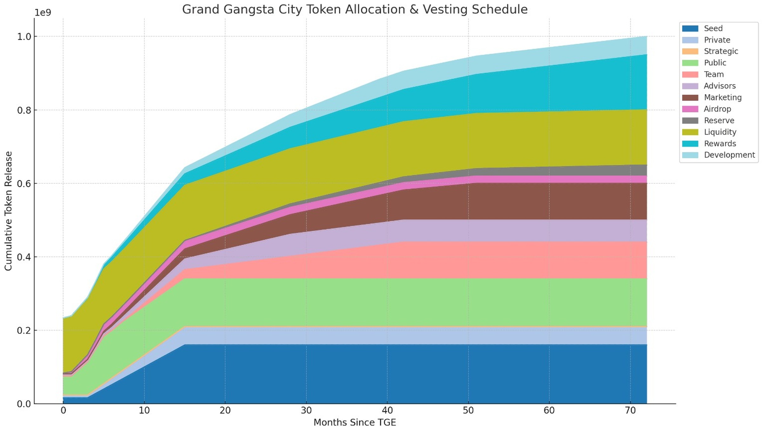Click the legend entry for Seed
tap(713, 28)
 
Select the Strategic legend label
tap(721, 51)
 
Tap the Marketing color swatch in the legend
tap(690, 97)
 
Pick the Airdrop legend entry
tap(717, 109)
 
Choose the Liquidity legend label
tap(720, 132)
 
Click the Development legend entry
tap(729, 155)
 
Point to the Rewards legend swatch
tap(690, 144)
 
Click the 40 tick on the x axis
tap(387, 411)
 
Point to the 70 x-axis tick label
tap(630, 411)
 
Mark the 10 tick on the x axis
tap(144, 411)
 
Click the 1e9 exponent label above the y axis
tap(43, 13)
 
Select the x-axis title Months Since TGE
tap(355, 423)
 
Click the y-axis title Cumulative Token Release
tap(8, 211)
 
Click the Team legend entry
tap(713, 74)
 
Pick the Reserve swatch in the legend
tap(690, 121)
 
